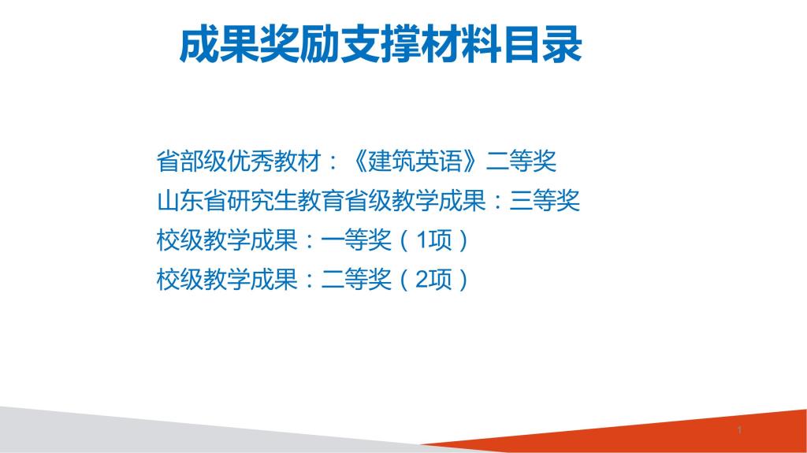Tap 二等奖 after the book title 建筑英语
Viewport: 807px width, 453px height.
(522, 162)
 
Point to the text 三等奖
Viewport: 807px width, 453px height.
(545, 201)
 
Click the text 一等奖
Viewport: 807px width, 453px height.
(356, 240)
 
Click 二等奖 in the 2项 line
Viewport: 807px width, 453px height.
(356, 280)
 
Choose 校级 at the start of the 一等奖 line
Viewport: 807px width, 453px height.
(180, 240)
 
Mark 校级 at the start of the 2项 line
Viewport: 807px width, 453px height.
(180, 280)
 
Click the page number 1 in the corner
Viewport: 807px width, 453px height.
(739, 430)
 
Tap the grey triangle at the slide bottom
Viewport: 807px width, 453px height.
(154, 430)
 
